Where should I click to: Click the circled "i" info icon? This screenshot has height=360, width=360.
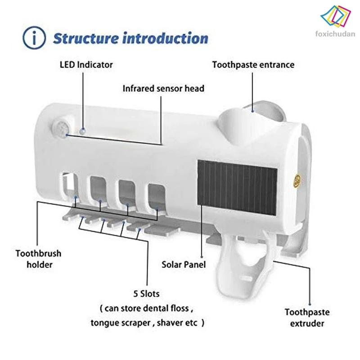[36, 38]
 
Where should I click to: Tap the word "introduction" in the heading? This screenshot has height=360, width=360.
[166, 38]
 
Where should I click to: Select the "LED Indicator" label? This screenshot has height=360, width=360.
[86, 64]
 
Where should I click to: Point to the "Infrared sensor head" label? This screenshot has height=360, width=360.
[163, 88]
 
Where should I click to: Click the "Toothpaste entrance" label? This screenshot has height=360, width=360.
[253, 64]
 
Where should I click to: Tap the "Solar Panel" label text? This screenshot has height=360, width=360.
[184, 264]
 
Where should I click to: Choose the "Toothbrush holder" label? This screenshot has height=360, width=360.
[38, 259]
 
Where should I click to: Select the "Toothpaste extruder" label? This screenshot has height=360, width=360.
[307, 317]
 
